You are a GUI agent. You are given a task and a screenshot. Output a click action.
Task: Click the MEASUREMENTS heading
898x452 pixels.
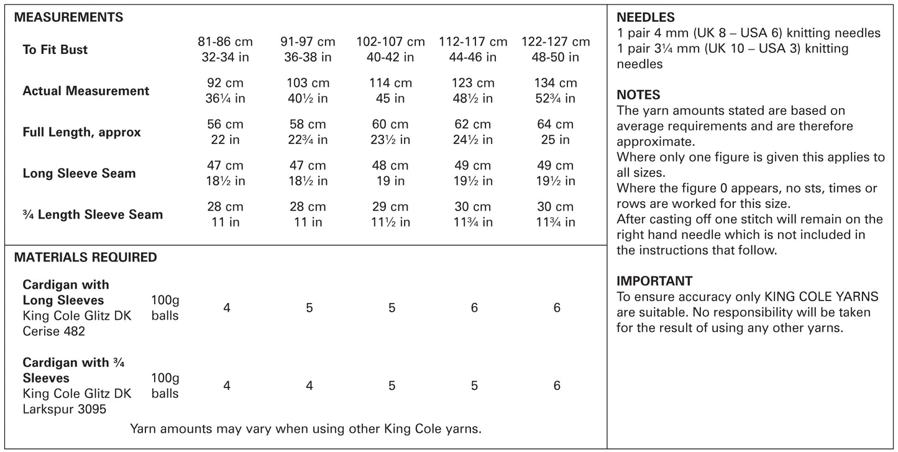pyautogui.click(x=68, y=17)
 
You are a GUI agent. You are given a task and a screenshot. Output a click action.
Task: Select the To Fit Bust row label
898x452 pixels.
pyautogui.click(x=55, y=50)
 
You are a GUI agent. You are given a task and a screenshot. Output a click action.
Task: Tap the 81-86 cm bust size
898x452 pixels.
pyautogui.click(x=226, y=42)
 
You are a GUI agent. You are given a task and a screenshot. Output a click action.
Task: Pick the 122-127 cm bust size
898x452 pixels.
pyautogui.click(x=556, y=42)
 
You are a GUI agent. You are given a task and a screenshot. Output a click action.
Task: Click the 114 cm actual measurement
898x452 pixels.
pyautogui.click(x=392, y=83)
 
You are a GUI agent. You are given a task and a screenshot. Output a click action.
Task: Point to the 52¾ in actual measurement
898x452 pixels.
pyautogui.click(x=556, y=99)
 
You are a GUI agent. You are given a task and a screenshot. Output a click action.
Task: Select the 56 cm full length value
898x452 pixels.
pyautogui.click(x=226, y=124)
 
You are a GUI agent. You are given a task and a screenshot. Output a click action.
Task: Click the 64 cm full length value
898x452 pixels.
pyautogui.click(x=556, y=124)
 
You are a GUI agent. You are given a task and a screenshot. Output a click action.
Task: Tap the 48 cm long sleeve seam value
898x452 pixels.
pyautogui.click(x=392, y=166)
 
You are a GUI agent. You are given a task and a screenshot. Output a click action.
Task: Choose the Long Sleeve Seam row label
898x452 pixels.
pyautogui.click(x=79, y=173)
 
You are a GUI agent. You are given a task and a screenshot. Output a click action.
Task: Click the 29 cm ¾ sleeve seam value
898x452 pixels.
pyautogui.click(x=392, y=207)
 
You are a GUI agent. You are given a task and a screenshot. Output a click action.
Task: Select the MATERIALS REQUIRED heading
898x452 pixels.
pyautogui.click(x=85, y=257)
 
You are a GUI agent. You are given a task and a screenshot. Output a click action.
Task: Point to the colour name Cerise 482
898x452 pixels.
pyautogui.click(x=54, y=332)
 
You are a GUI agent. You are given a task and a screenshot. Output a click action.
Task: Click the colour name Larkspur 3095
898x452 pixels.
pyautogui.click(x=65, y=409)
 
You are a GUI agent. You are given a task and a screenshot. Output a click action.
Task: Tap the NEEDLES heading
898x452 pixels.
pyautogui.click(x=646, y=18)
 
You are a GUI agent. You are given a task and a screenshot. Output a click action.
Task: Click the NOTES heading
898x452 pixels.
pyautogui.click(x=638, y=95)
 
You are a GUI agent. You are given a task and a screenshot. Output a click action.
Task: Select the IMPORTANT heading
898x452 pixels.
pyautogui.click(x=654, y=281)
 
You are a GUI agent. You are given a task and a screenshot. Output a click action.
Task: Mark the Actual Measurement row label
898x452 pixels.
pyautogui.click(x=86, y=91)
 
